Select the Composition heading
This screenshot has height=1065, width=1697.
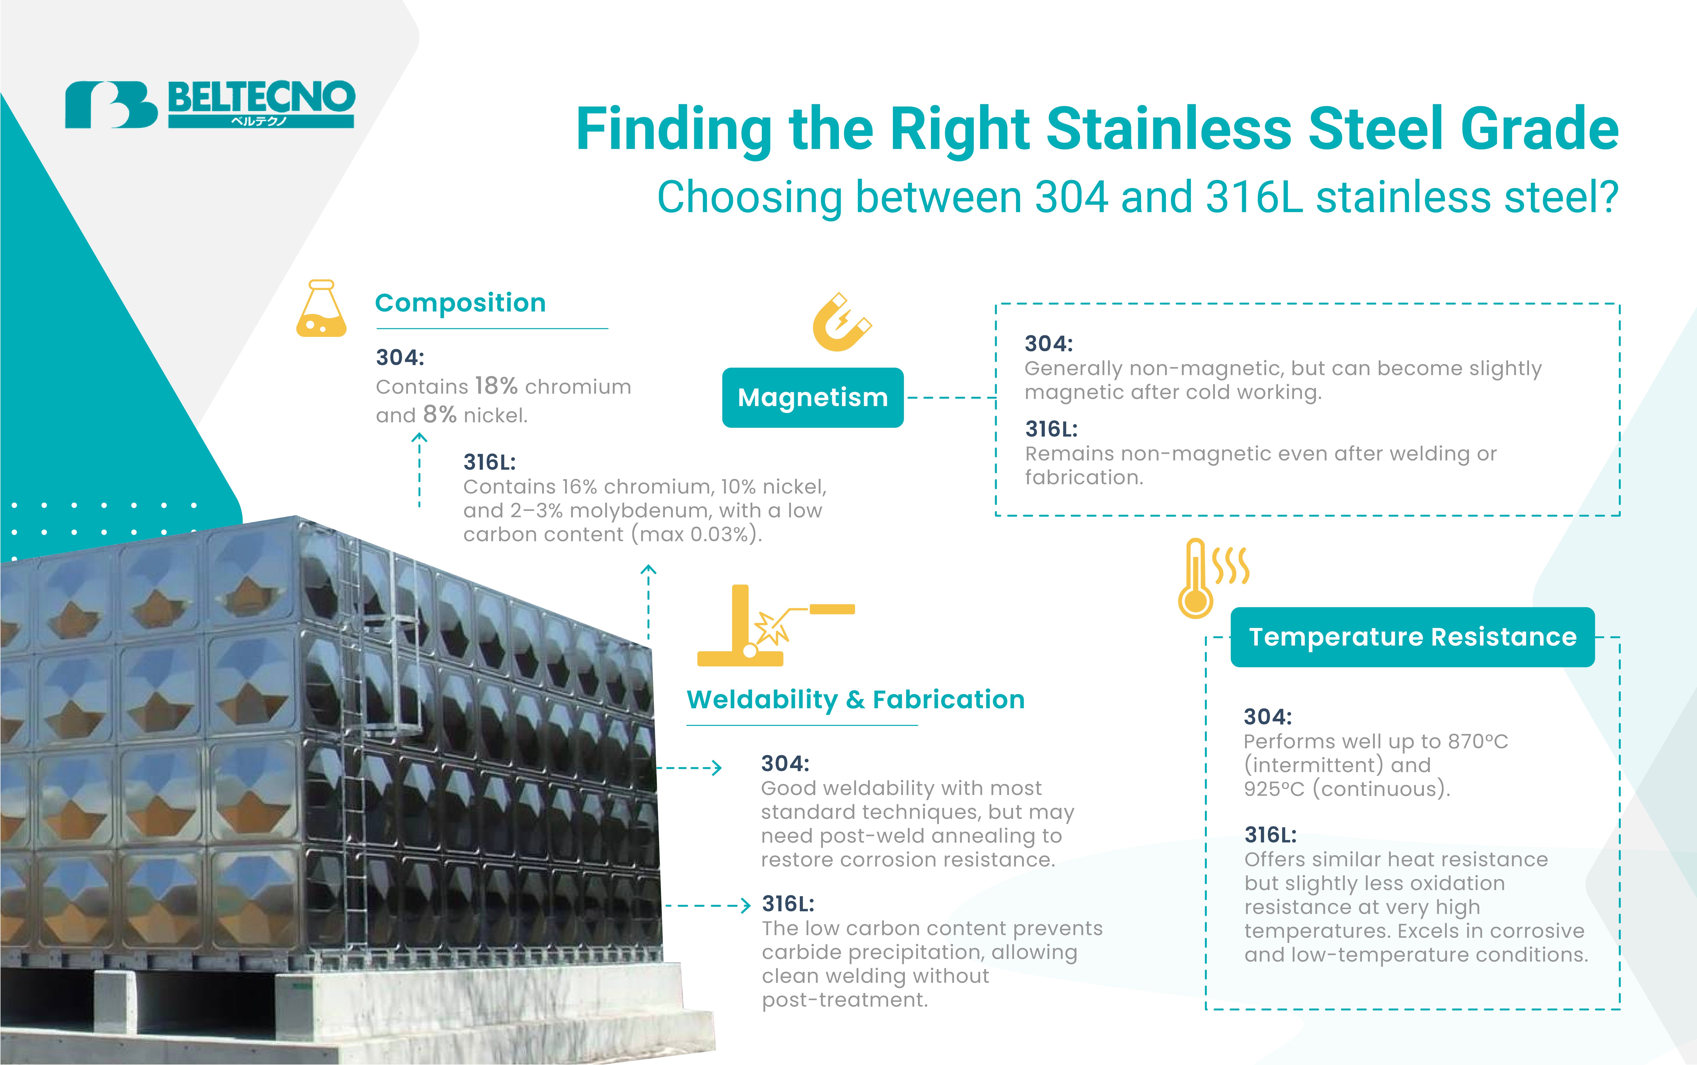(x=460, y=303)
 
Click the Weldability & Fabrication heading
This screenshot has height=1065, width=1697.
(x=855, y=699)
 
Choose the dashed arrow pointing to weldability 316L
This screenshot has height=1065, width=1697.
(x=708, y=905)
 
